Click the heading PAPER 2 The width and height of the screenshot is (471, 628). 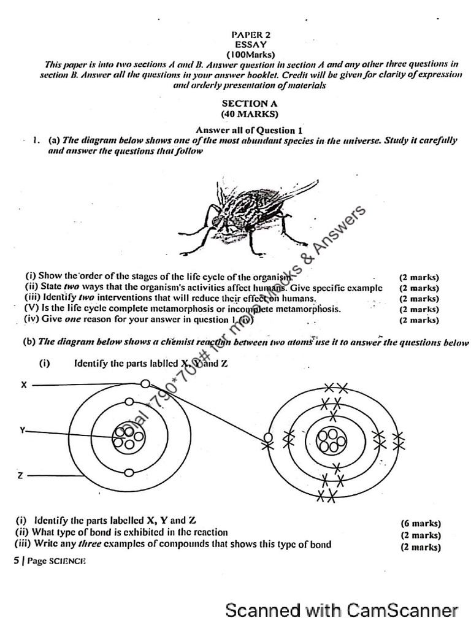pos(249,36)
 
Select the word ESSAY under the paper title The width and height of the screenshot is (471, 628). pos(249,45)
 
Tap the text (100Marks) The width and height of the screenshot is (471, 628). pos(249,54)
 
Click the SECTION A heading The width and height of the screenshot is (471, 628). pos(249,104)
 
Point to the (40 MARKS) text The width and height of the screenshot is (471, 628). pos(249,113)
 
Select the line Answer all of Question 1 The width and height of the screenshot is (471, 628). pos(249,130)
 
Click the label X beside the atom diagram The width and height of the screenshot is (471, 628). pos(24,385)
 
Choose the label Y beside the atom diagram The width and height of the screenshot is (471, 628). pos(23,431)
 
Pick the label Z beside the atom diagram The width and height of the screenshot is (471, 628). pos(21,475)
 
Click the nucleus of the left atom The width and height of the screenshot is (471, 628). pos(128,438)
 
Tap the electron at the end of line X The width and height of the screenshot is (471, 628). pos(145,384)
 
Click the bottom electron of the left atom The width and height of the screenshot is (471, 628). pos(129,473)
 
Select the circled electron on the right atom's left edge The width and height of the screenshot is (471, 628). pos(267,438)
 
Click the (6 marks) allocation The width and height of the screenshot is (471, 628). pos(421,524)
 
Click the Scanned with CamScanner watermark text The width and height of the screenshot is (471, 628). pos(342,610)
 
